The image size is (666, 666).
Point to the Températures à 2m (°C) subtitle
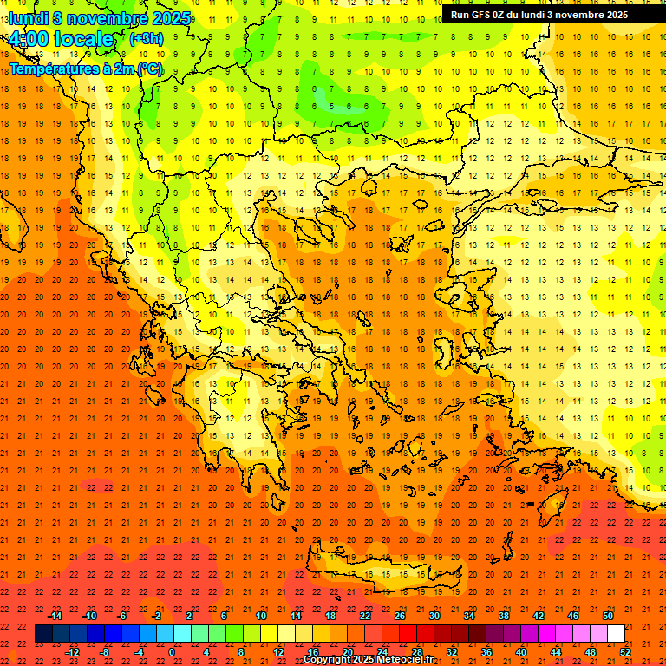click(x=85, y=69)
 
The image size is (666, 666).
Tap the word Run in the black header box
click(x=460, y=15)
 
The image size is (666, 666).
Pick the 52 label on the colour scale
click(x=625, y=651)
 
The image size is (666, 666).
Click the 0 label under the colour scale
click(x=172, y=651)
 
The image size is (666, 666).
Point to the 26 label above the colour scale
click(x=400, y=616)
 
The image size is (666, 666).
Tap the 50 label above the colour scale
click(x=608, y=616)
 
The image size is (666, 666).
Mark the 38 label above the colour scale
click(x=504, y=616)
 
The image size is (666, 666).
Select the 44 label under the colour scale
click(x=556, y=651)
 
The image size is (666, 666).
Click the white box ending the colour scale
click(x=616, y=634)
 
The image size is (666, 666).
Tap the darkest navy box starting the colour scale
click(x=43, y=634)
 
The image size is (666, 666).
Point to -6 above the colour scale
click(x=122, y=616)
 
